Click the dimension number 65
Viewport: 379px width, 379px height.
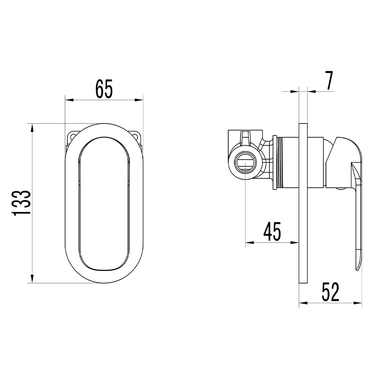[104, 89]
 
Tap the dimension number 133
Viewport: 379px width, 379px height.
[21, 203]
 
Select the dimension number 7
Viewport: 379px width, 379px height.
[329, 81]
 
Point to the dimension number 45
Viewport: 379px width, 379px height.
[272, 231]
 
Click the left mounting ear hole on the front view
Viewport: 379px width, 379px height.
[72, 137]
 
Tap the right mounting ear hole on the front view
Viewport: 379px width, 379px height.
[136, 137]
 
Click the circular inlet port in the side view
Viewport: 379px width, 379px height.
[245, 162]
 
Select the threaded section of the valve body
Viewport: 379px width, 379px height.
[280, 163]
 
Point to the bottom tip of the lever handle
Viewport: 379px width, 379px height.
[357, 271]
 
